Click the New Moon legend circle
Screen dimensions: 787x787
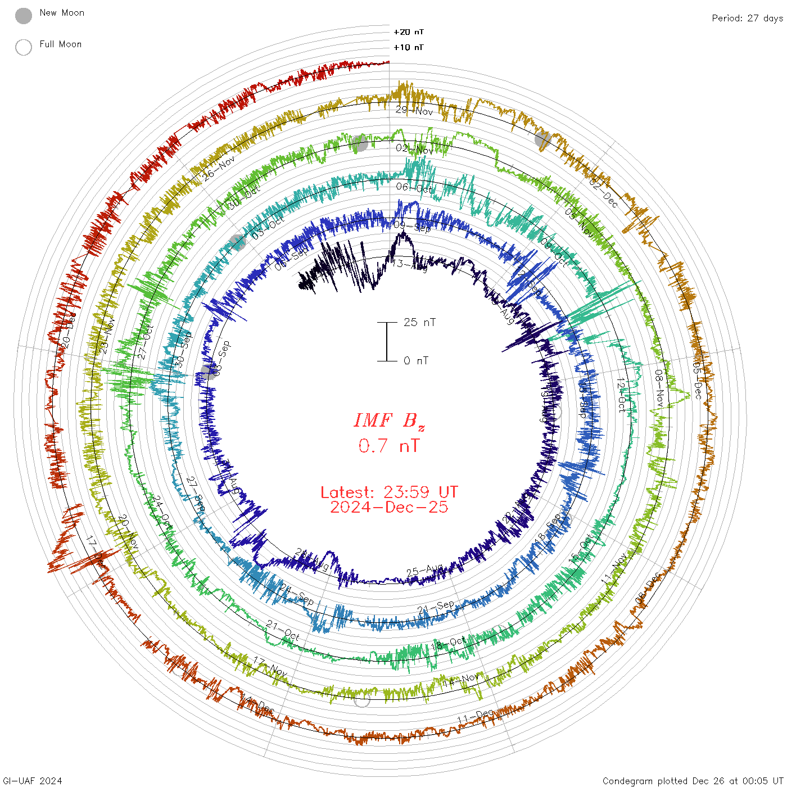click(24, 16)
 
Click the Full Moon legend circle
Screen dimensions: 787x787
click(24, 47)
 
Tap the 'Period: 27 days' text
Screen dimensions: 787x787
click(747, 19)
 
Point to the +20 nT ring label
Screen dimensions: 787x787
click(409, 32)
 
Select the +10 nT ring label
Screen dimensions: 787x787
click(409, 48)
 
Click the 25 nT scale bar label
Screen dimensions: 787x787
click(419, 323)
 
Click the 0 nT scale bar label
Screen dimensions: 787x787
click(416, 361)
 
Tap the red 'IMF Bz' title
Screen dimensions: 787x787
click(389, 420)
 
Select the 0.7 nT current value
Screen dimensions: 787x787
click(389, 446)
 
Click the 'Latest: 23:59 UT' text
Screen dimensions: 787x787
click(389, 492)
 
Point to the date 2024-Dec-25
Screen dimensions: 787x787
click(389, 508)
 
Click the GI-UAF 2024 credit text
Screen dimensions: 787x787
click(33, 781)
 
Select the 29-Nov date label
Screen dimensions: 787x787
click(414, 111)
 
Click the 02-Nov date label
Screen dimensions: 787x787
click(414, 149)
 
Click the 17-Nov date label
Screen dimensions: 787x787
click(270, 666)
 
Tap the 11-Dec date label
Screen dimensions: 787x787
click(475, 717)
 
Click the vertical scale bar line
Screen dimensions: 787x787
click(387, 342)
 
